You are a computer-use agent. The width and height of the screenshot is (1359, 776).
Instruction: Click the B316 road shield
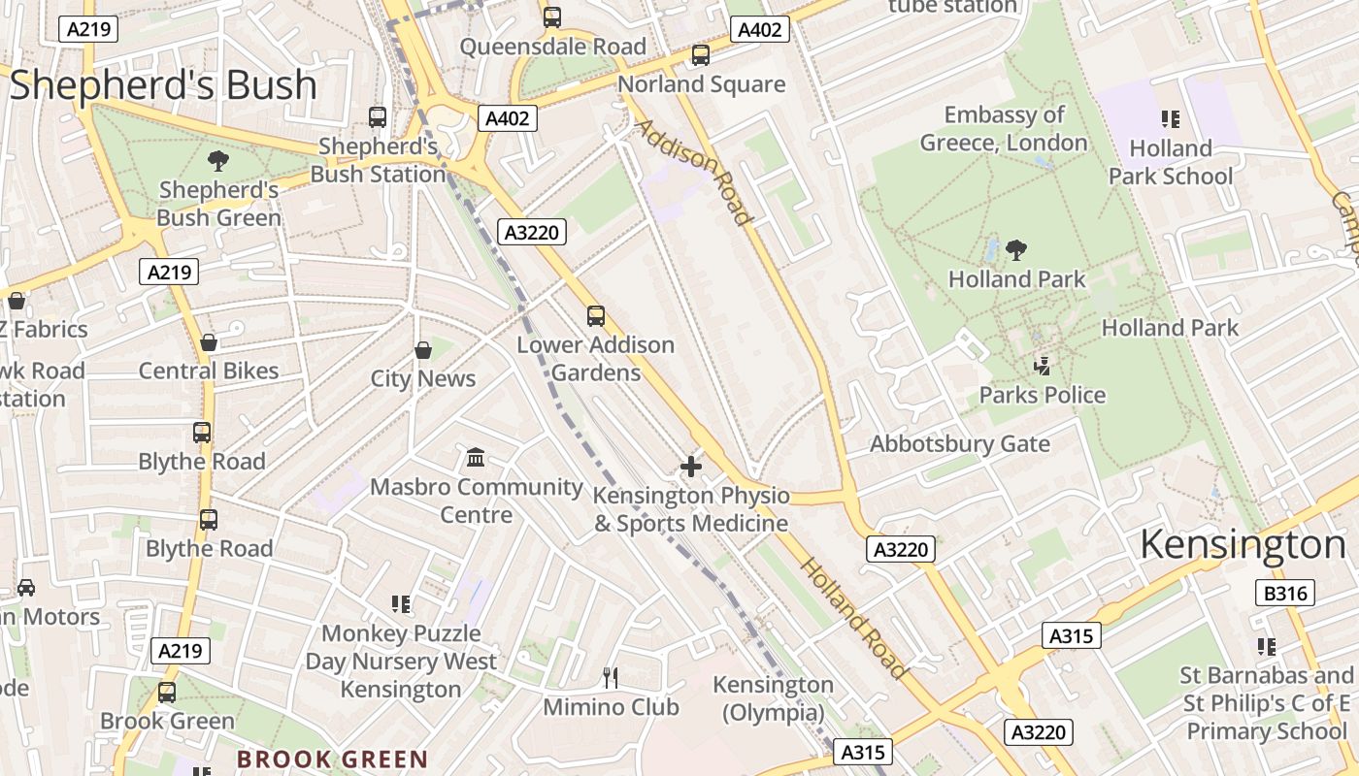tap(1286, 594)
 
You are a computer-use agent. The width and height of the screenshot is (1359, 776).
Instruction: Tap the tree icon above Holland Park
tap(1016, 250)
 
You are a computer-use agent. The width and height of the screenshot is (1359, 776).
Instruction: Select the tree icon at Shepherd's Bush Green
tap(218, 161)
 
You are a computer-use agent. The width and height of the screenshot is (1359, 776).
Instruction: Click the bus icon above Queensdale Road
tap(552, 16)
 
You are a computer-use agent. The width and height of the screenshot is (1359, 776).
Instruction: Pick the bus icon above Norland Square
tap(701, 55)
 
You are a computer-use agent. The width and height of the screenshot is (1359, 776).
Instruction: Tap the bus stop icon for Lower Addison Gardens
tap(595, 316)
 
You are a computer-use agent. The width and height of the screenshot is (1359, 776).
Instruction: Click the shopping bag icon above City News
tap(423, 350)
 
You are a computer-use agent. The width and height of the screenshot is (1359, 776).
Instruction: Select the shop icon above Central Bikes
tap(208, 342)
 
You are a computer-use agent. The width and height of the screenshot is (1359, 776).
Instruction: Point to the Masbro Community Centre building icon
tap(476, 458)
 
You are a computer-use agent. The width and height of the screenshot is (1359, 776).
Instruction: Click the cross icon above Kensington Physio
tap(691, 468)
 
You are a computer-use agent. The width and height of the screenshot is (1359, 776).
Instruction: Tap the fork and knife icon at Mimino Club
tap(611, 677)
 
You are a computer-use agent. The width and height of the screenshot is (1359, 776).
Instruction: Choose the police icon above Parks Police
tap(1043, 366)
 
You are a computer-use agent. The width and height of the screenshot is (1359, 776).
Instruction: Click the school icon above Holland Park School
tap(1171, 119)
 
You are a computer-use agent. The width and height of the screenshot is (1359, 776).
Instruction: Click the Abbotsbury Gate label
tap(960, 444)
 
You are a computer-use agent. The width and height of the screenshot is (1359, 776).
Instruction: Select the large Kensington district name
tap(1243, 544)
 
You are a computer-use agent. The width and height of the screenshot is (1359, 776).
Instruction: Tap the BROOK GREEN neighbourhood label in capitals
tap(333, 760)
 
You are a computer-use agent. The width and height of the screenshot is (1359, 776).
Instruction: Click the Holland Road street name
tap(854, 619)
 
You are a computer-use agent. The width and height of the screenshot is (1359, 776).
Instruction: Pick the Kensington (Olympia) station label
tap(774, 698)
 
